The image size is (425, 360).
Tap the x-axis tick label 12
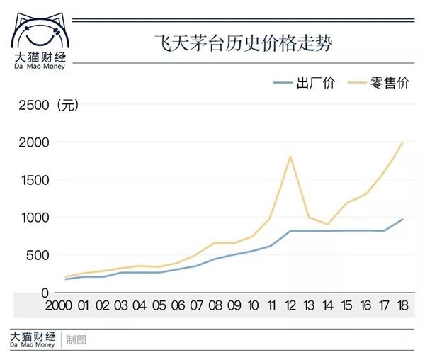[290, 306]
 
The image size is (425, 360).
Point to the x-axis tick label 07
[196, 306]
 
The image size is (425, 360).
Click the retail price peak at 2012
[290, 156]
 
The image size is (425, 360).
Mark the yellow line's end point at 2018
[402, 142]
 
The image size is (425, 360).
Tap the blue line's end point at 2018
[402, 220]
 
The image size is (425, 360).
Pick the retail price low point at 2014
[328, 224]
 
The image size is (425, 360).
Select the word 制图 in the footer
[76, 339]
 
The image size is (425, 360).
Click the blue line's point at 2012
[290, 231]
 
